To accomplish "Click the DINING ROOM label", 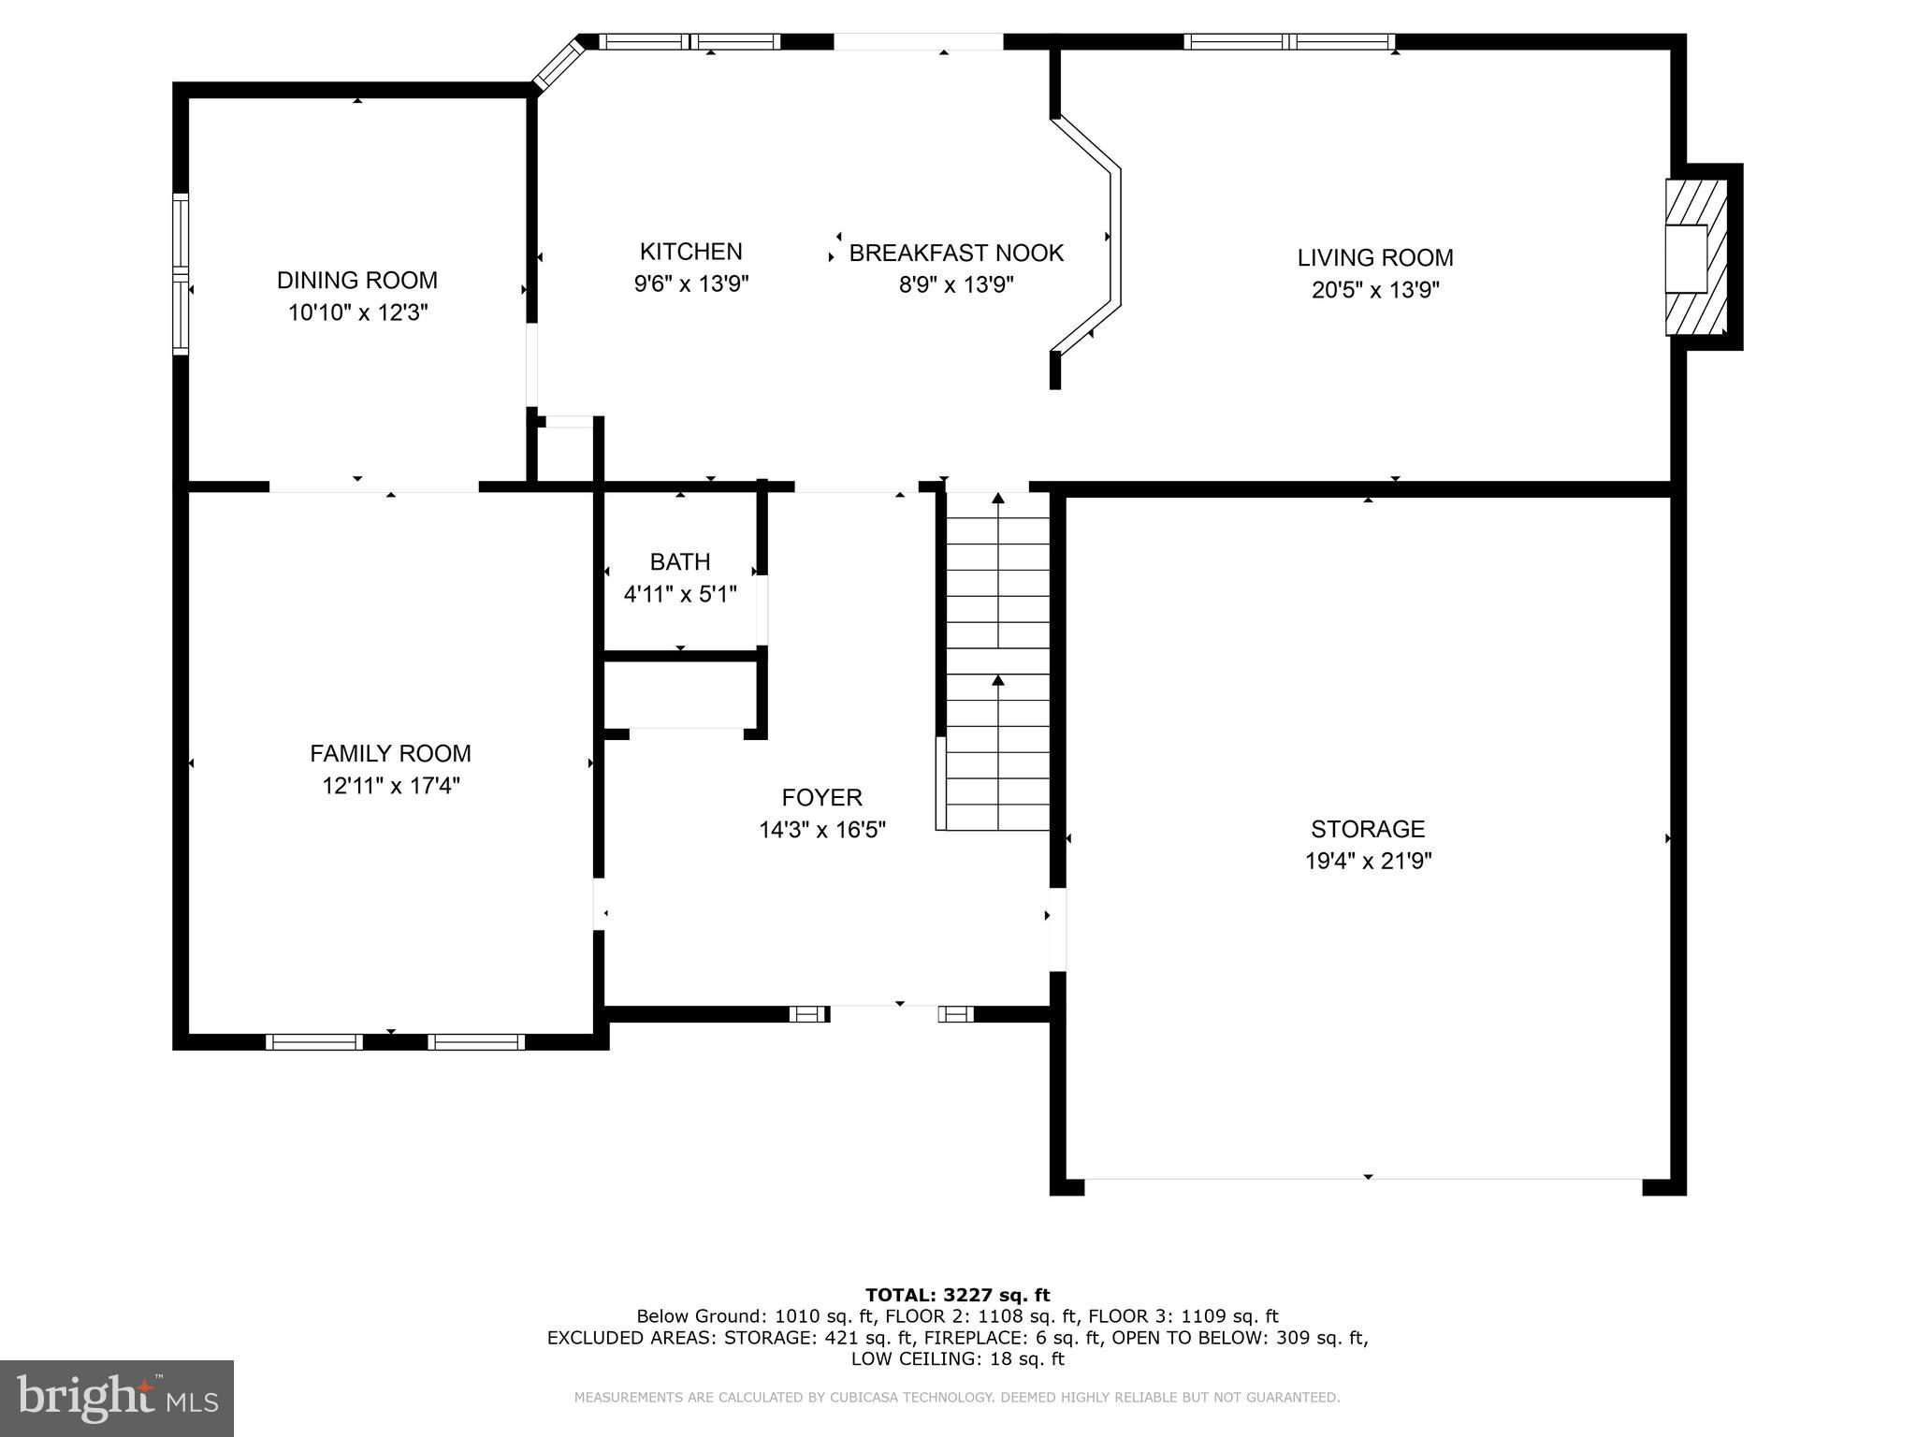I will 356,280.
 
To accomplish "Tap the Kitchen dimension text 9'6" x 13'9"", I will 690,283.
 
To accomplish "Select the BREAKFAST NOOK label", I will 955,253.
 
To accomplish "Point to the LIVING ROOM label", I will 1374,257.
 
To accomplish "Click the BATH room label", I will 679,561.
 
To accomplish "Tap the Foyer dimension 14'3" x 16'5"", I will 821,830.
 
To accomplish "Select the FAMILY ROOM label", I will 390,753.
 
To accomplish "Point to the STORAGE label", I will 1367,829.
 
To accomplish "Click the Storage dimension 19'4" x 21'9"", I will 1368,861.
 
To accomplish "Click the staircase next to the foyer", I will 997,664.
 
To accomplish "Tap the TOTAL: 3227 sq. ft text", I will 957,1295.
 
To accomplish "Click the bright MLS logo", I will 117,1398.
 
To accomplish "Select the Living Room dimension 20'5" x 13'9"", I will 1374,290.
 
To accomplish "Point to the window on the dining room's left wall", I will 181,274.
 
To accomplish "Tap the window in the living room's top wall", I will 1288,42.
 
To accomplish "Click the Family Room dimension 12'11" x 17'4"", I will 390,786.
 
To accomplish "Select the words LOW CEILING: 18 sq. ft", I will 957,1358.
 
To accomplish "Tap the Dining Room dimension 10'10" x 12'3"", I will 356,312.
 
